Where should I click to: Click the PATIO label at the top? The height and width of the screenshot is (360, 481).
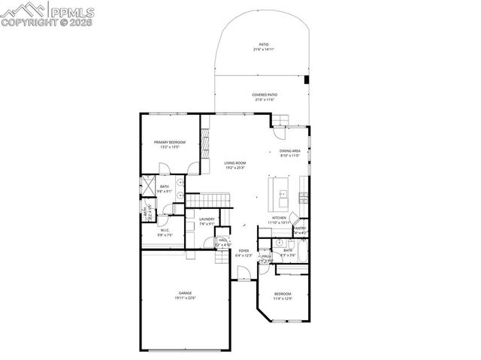tap(264, 44)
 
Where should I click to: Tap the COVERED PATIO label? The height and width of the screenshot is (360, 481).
tap(264, 95)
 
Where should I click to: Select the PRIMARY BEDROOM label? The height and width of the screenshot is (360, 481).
tap(169, 142)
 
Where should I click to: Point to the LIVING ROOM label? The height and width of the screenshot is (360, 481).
tap(235, 162)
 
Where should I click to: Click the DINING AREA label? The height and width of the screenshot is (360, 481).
tap(289, 151)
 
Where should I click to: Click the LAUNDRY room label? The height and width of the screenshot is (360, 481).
tap(207, 219)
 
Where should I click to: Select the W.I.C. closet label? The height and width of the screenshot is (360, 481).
tap(164, 231)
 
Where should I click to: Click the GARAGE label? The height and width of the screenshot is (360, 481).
tap(185, 292)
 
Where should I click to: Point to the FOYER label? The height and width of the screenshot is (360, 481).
tap(244, 250)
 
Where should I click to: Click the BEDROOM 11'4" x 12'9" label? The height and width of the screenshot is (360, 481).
tap(282, 293)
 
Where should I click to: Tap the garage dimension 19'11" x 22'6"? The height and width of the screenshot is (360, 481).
tap(185, 298)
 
